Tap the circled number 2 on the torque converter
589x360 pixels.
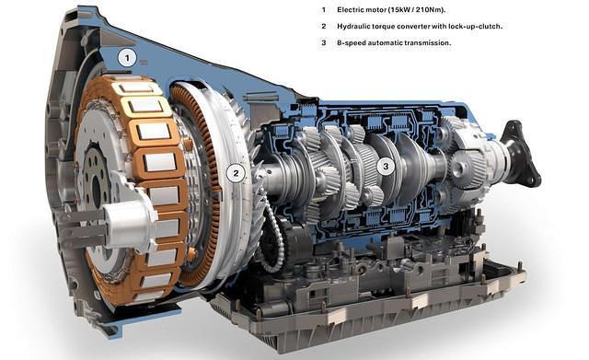tap(237, 171)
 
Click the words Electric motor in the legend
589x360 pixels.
tap(362, 9)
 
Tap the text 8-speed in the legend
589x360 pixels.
tap(353, 42)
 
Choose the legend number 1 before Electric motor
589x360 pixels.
tap(323, 9)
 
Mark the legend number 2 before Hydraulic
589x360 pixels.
tap(323, 26)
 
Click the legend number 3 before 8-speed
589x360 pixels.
tap(323, 42)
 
